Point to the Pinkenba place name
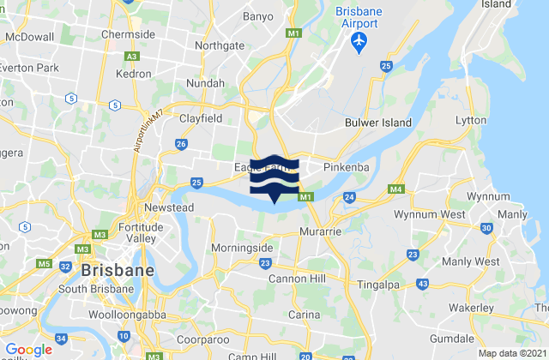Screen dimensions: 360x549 point(346,168)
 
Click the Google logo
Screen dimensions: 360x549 point(28,350)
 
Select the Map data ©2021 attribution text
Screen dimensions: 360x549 point(510,353)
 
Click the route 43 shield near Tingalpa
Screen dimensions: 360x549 point(423,283)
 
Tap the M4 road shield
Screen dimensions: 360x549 point(395,189)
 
